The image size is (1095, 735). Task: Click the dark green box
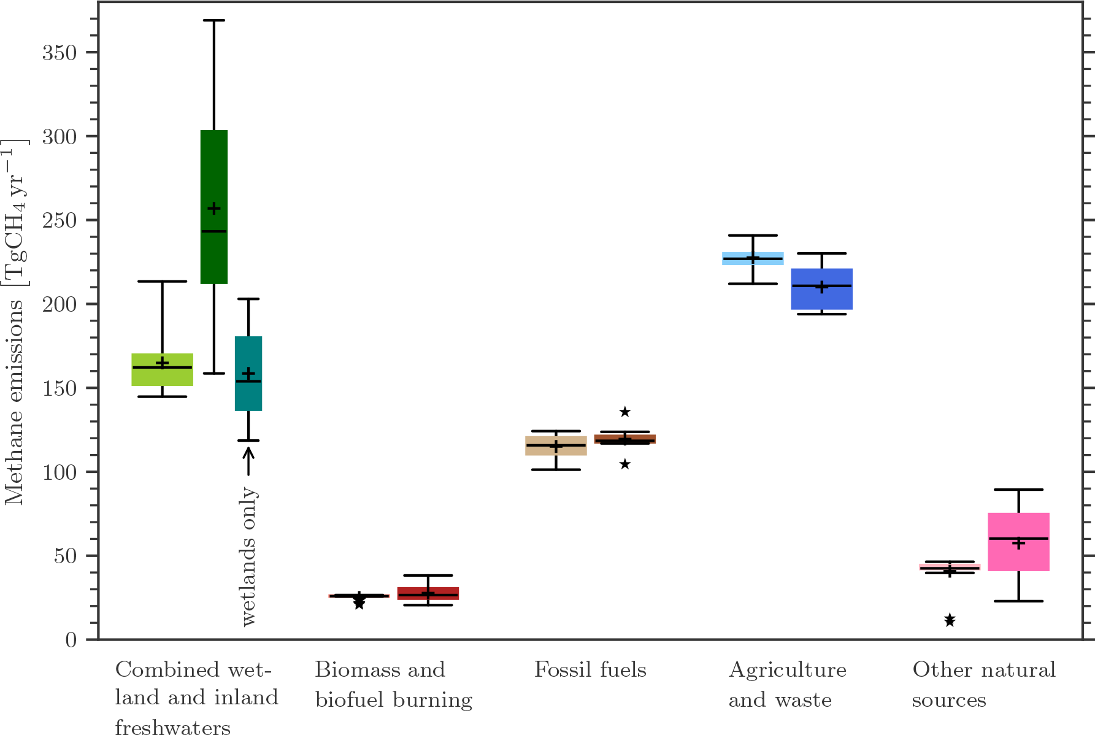[214, 207]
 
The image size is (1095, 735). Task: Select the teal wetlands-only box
[248, 374]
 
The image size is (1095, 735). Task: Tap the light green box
[163, 369]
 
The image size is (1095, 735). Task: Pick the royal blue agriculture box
[821, 289]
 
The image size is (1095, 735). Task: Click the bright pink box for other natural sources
[1018, 542]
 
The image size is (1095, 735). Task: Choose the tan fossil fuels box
[556, 445]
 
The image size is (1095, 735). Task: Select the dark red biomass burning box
[428, 593]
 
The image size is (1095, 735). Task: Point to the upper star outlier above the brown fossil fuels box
[624, 412]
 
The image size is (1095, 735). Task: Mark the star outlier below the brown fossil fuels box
[624, 464]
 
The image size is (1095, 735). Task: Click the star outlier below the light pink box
[950, 620]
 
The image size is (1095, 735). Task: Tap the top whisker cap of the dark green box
[214, 20]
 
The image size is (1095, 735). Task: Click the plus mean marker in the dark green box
[214, 209]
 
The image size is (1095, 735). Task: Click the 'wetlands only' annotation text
[248, 556]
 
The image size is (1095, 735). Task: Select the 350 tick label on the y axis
[60, 52]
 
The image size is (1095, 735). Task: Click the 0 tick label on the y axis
[72, 640]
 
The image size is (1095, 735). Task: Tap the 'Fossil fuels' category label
[590, 669]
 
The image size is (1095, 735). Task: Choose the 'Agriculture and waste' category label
[788, 685]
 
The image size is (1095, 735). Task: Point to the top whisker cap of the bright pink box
[1018, 490]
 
